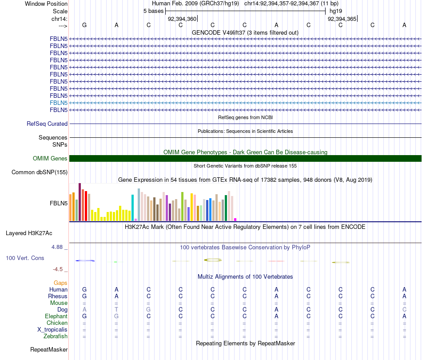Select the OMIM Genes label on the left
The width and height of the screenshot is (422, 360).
tap(50, 159)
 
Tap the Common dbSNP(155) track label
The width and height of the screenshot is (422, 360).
tap(40, 172)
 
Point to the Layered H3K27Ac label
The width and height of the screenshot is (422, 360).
tap(29, 233)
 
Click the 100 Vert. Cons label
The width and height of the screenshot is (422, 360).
tap(25, 258)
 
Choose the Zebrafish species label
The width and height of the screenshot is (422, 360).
tap(55, 336)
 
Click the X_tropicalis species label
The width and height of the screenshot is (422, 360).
tap(52, 330)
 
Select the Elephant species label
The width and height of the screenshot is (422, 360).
tap(56, 316)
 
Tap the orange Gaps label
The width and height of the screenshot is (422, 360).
tap(60, 283)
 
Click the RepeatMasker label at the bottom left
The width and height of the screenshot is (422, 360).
tap(49, 350)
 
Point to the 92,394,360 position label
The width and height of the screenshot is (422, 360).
tap(182, 19)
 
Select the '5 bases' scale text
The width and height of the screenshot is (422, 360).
tap(153, 11)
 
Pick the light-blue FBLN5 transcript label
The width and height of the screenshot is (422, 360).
tap(59, 103)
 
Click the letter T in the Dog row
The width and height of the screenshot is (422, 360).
tap(116, 310)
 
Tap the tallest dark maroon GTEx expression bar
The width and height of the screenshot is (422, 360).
tap(80, 202)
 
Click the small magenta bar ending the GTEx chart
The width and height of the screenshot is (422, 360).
tap(235, 220)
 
